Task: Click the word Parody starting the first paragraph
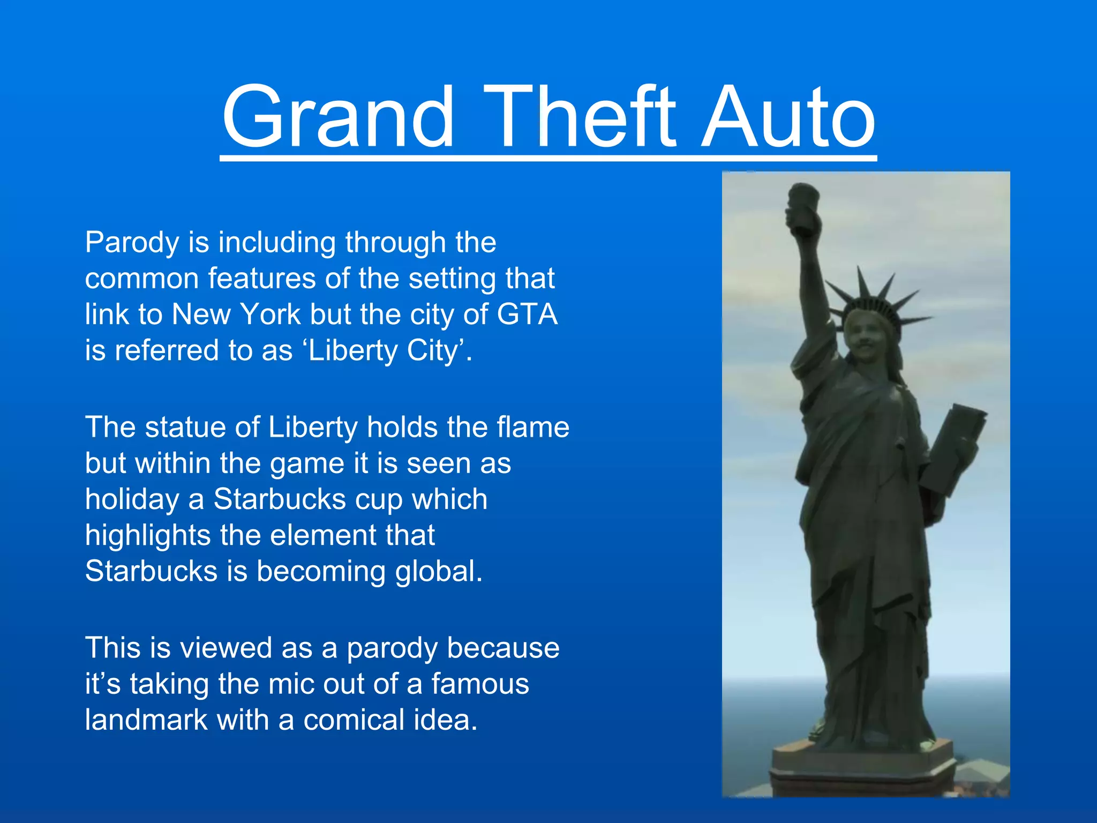tap(132, 243)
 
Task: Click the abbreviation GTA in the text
tap(527, 314)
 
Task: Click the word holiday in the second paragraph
tap(132, 499)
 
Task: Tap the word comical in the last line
tap(353, 720)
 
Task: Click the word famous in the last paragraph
tap(480, 684)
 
